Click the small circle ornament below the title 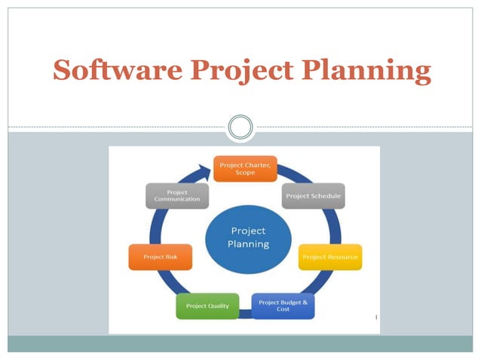tap(240, 127)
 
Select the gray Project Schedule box tap(313, 196)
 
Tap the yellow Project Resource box tap(329, 258)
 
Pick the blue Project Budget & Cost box tap(283, 306)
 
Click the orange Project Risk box tap(160, 257)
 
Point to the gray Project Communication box tap(177, 196)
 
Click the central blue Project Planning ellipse tap(247, 238)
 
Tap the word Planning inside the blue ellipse tap(248, 245)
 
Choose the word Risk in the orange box tap(172, 257)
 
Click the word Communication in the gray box tap(177, 200)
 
